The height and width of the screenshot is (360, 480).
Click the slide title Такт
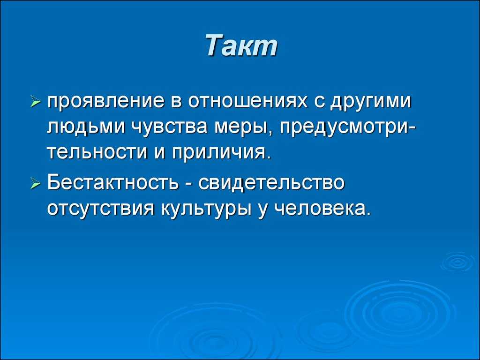point(241,45)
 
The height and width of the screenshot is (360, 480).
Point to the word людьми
point(86,127)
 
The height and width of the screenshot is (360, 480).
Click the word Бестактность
point(112,182)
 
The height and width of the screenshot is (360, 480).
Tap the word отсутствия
point(101,209)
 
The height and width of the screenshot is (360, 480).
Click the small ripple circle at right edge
point(458,262)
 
